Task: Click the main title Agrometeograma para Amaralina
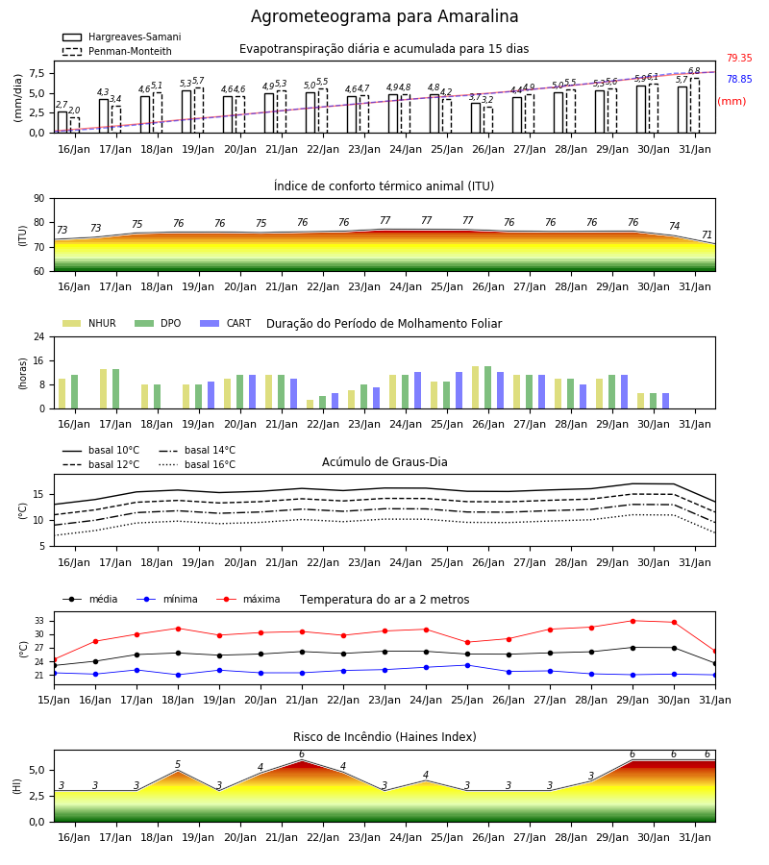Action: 384,16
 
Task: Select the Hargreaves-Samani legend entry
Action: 122,37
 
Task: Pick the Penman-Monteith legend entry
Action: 117,51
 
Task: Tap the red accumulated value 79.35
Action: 739,58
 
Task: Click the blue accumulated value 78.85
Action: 739,79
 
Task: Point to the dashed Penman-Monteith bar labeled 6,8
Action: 695,106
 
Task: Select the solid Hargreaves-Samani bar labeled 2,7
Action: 62,122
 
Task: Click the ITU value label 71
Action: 707,235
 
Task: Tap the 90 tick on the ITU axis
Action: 39,199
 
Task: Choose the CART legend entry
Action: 225,323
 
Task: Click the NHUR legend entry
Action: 89,323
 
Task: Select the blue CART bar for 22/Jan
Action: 335,401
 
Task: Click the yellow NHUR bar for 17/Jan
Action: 103,389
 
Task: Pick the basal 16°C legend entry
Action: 197,464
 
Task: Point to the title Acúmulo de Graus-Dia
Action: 384,461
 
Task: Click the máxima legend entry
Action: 248,599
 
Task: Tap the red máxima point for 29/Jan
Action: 633,621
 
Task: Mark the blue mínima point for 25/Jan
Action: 468,665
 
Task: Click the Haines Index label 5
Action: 178,765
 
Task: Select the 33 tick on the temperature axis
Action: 39,621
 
